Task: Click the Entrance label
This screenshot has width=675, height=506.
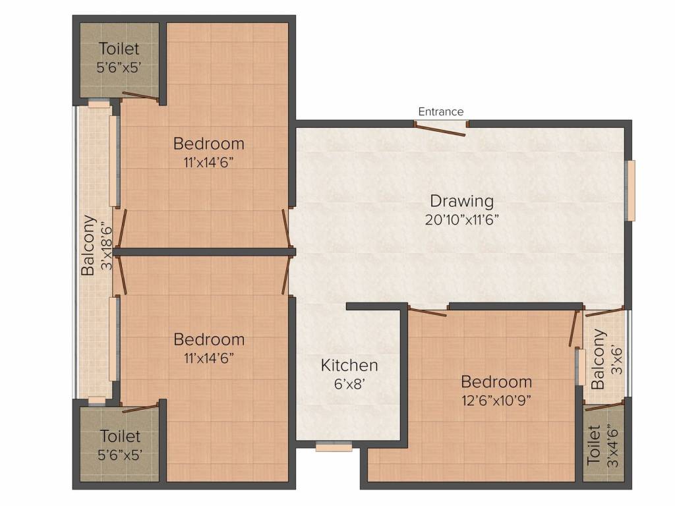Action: click(441, 112)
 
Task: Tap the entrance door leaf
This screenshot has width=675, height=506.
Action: click(440, 129)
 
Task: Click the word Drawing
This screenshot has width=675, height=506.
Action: click(462, 202)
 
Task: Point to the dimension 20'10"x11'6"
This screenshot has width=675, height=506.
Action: click(462, 220)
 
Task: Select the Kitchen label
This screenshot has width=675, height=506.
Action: click(349, 365)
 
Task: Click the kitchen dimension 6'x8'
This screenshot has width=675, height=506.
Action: click(349, 383)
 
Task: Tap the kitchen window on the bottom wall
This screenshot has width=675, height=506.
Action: click(334, 447)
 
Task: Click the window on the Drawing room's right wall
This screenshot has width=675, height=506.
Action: click(631, 190)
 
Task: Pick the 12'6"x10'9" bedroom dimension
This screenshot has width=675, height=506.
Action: click(496, 401)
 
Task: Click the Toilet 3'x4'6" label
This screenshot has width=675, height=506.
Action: click(602, 445)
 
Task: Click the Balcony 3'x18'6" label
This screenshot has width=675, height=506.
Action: click(96, 245)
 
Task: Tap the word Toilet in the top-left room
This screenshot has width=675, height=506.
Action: click(119, 49)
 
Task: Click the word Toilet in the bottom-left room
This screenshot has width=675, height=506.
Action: click(120, 436)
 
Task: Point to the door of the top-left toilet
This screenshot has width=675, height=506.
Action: click(140, 98)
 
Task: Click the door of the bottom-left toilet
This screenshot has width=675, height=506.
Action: click(140, 408)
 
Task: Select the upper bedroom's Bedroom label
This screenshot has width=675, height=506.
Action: click(209, 144)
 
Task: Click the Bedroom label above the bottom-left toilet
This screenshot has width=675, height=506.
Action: click(209, 339)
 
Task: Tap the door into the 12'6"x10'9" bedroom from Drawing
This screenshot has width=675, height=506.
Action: click(427, 312)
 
